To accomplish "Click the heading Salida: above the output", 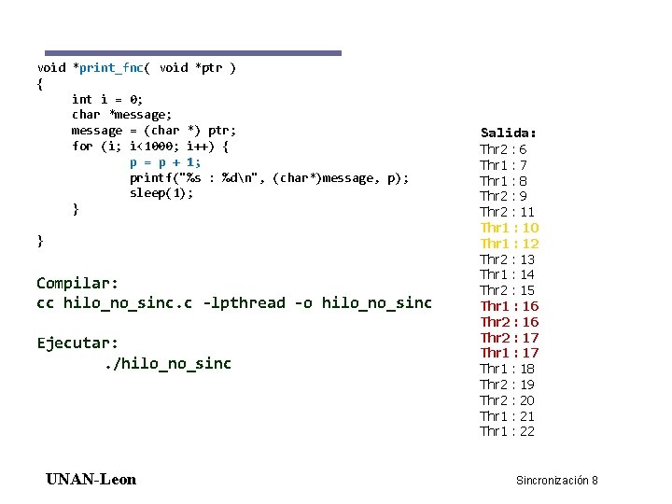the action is (508, 133).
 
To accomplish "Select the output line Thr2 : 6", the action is (503, 149).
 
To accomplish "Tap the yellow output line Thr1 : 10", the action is (509, 228).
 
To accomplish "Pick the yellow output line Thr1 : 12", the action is (509, 244).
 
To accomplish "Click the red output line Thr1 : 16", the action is (509, 306).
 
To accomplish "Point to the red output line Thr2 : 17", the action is (509, 338).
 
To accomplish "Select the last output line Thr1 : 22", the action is (507, 431).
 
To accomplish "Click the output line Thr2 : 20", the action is (507, 400).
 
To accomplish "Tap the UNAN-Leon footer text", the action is (91, 480).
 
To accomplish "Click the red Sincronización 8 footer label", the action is (556, 481).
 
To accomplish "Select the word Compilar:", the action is (77, 283).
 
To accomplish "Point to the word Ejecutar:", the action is (77, 343).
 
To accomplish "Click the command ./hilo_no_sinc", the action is (166, 363).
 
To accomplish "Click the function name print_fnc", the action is (111, 67).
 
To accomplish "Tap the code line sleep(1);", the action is (161, 193).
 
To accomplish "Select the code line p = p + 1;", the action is (165, 161).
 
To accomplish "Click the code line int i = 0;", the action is (107, 99).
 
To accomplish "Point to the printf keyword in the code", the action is (150, 177).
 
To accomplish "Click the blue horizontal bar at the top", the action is (193, 53).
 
